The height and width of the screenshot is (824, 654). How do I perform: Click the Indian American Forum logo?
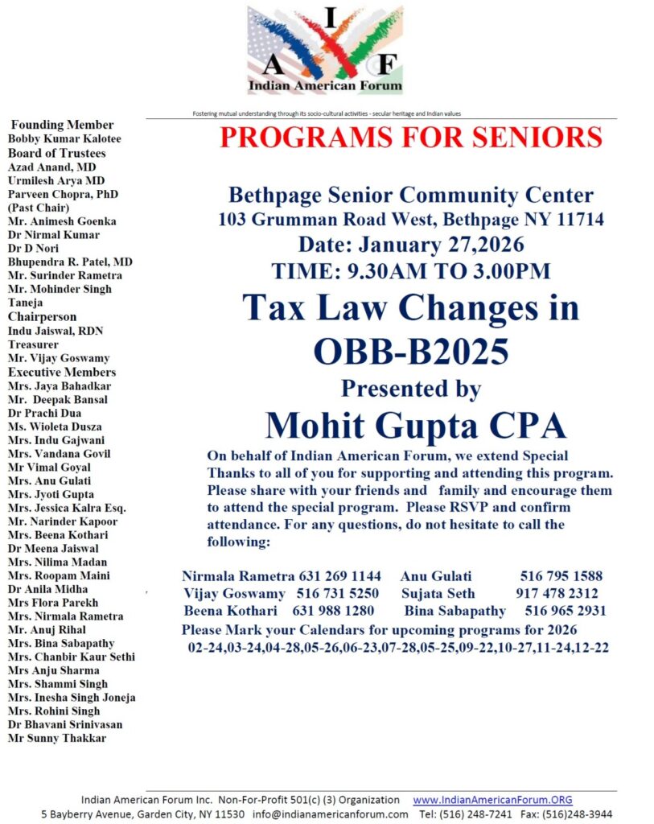point(326,50)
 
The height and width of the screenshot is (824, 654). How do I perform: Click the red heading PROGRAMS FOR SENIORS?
point(411,137)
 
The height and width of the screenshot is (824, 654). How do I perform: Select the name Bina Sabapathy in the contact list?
point(455,612)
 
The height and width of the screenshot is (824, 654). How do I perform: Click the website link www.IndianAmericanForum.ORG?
point(492,800)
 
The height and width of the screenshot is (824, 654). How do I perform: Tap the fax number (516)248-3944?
point(578,814)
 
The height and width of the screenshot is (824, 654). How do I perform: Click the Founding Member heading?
point(62,125)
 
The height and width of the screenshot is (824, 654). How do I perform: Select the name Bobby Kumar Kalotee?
point(64,139)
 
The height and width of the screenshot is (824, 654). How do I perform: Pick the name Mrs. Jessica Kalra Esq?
point(67,508)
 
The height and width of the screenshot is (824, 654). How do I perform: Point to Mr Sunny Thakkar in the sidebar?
point(56,738)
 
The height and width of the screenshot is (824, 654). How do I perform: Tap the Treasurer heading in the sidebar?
point(35,344)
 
